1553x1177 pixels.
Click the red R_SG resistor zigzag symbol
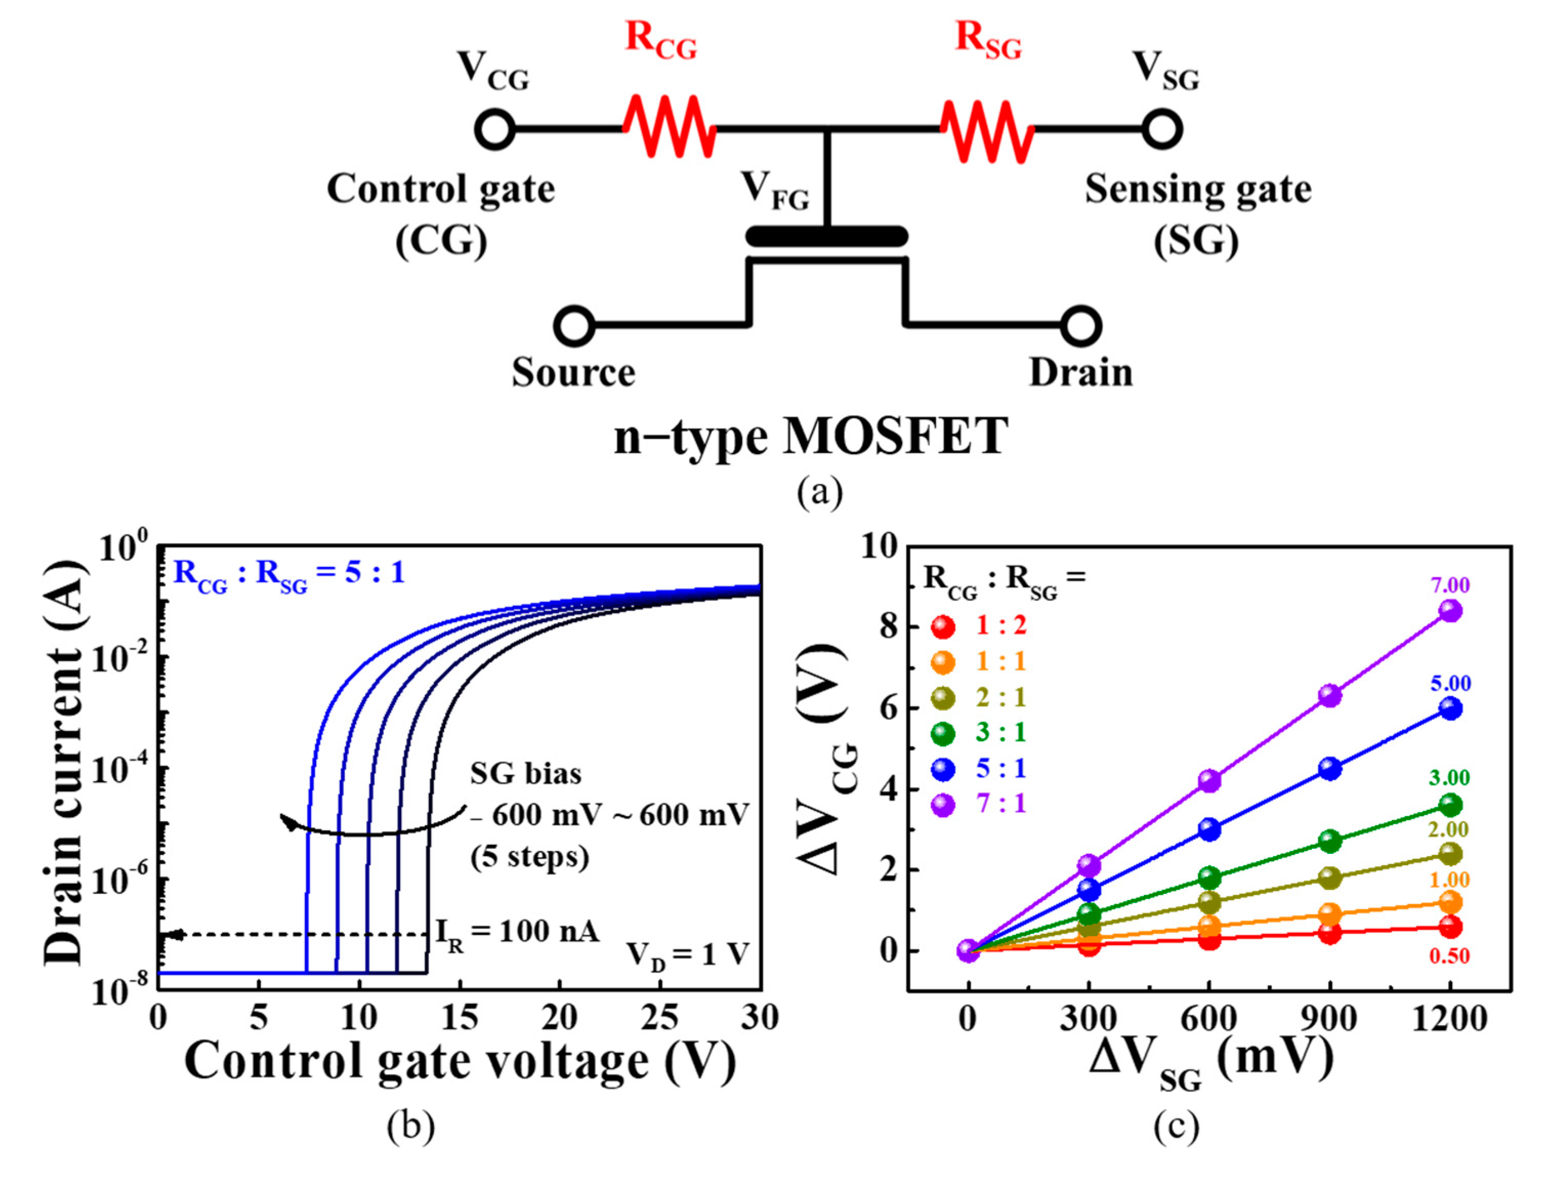(x=987, y=130)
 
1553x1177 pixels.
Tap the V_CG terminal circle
(x=495, y=130)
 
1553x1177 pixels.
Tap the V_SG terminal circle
(x=1162, y=130)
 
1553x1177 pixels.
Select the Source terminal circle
(x=574, y=326)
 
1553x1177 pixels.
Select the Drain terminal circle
(x=1081, y=326)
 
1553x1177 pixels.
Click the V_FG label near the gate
(x=774, y=191)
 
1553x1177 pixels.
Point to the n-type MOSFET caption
(x=811, y=437)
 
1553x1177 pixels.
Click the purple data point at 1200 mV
(x=1451, y=611)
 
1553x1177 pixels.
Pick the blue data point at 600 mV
(x=1209, y=829)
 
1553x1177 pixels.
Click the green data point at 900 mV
(x=1330, y=841)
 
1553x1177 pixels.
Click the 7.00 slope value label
(x=1451, y=585)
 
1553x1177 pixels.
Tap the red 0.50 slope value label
(x=1449, y=956)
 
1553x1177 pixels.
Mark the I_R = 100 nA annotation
(x=517, y=933)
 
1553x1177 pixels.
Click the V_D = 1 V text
(x=687, y=956)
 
